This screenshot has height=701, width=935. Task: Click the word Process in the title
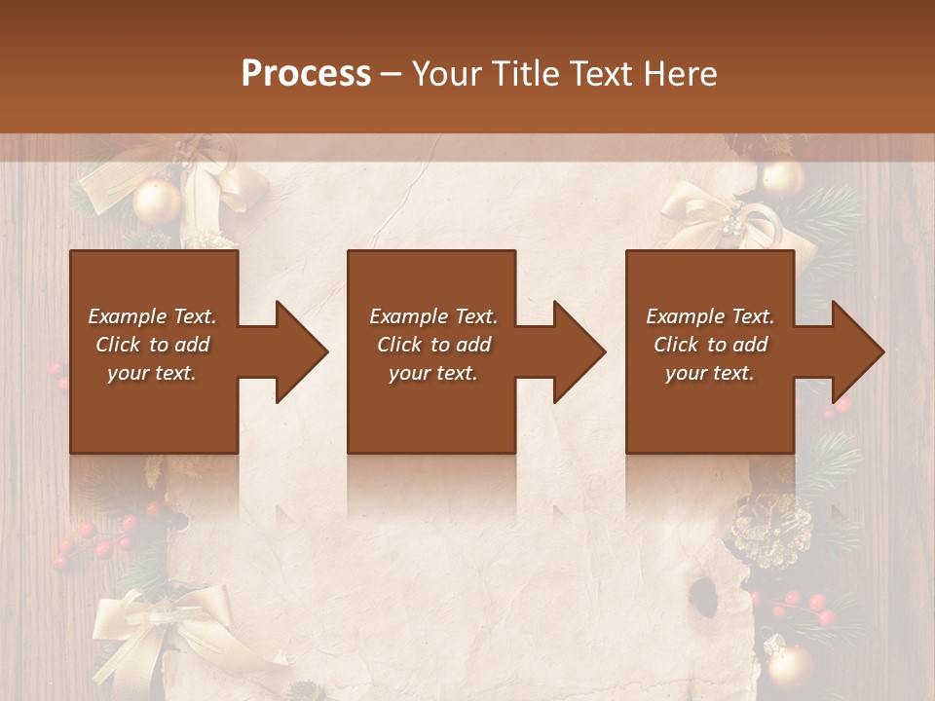[306, 74]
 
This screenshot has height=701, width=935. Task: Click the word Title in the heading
[522, 74]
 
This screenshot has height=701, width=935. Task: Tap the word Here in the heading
[681, 74]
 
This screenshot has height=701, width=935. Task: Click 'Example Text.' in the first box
[152, 316]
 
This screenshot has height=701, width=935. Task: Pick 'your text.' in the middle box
[432, 373]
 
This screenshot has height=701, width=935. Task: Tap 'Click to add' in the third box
[710, 345]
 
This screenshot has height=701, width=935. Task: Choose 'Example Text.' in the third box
[710, 316]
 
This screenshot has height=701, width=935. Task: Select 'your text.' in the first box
[152, 373]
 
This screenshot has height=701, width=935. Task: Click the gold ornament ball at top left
[157, 203]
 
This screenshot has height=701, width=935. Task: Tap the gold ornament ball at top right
[781, 179]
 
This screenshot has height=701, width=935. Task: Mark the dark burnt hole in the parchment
[702, 591]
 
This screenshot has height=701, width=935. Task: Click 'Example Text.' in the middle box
[432, 316]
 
